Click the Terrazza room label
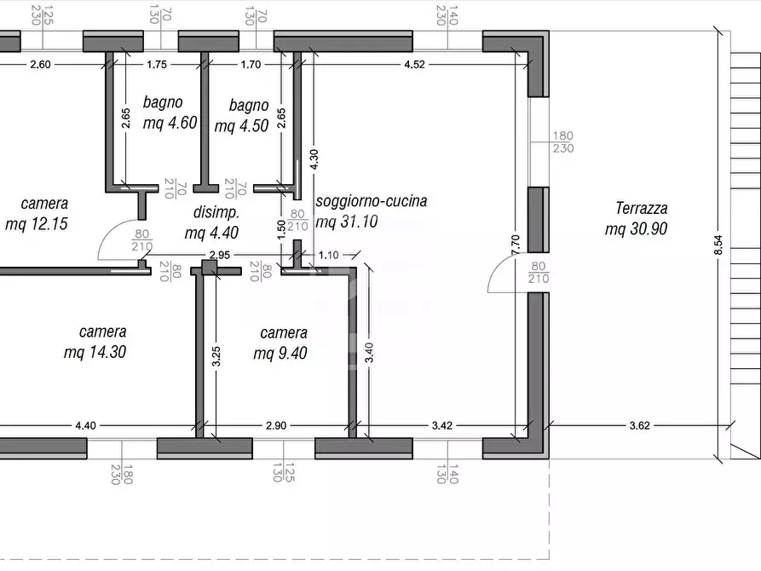coord(641,208)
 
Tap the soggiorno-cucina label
coord(371,202)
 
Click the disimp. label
coord(216,212)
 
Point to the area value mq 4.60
coord(170,123)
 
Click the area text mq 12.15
coord(36,225)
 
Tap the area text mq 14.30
coord(95,352)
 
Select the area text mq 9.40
coord(280,353)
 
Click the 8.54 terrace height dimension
coord(718,245)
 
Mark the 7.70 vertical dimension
coord(515,245)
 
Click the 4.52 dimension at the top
coord(414,64)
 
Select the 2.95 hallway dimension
coord(221,255)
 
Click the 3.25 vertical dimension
coord(217,356)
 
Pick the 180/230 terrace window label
coord(563,142)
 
